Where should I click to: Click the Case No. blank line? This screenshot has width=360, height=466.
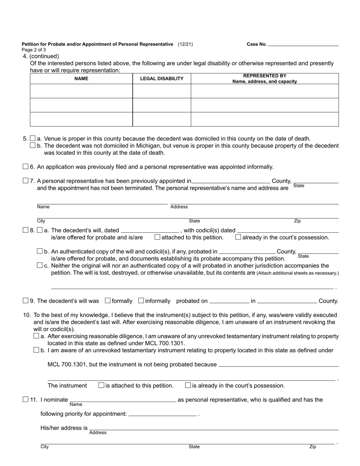pos(303,44)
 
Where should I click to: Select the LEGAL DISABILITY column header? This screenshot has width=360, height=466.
pos(162,79)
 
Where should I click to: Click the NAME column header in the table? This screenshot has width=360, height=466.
pos(81,79)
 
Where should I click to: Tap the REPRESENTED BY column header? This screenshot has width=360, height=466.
pos(265,78)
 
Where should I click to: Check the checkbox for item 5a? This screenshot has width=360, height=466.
pos(33,138)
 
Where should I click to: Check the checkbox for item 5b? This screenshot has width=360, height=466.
pos(33,145)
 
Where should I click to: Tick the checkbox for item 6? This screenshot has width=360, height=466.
pos(26,166)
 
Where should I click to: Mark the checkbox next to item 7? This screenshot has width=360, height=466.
pos(26,181)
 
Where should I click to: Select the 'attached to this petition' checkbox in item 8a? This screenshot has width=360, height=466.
pos(158,237)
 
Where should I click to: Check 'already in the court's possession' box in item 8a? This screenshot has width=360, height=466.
pos(238,237)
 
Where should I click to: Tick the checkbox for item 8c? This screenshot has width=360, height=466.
pos(40,265)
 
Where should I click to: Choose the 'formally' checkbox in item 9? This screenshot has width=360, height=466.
pos(108,300)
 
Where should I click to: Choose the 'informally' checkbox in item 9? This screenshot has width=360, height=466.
pos(141,300)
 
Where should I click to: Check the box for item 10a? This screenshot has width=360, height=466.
pos(36,336)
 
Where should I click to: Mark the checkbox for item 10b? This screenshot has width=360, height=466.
pos(36,350)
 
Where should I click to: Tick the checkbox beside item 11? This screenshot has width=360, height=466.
pos(26,399)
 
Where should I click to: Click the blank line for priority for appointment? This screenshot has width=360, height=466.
pos(163,414)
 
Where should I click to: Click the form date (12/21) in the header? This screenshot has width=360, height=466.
pos(185,44)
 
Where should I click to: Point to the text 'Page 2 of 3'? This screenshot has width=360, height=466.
pos(34,50)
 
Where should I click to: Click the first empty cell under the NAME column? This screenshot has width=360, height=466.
pos(81,91)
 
